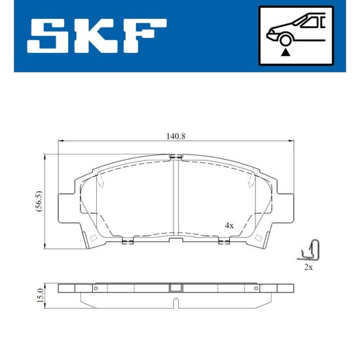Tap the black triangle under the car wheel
[x=285, y=52]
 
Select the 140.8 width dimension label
[x=176, y=136]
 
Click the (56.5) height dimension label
[x=39, y=201]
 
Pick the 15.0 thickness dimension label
[x=40, y=295]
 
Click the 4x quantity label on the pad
[x=229, y=226]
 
